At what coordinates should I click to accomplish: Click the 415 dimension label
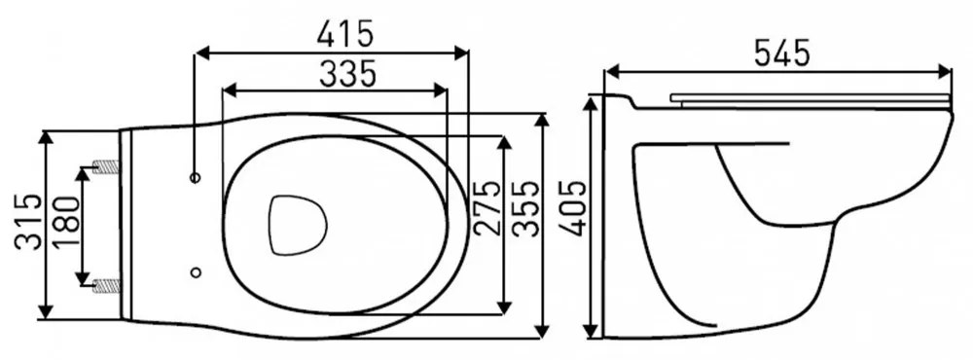pos(345,34)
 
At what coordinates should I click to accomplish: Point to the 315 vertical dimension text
pos(29,222)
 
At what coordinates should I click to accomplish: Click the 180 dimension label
pos(66,222)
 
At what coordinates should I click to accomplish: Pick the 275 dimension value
pos(486,208)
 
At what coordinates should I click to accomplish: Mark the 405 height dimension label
pos(572,208)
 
